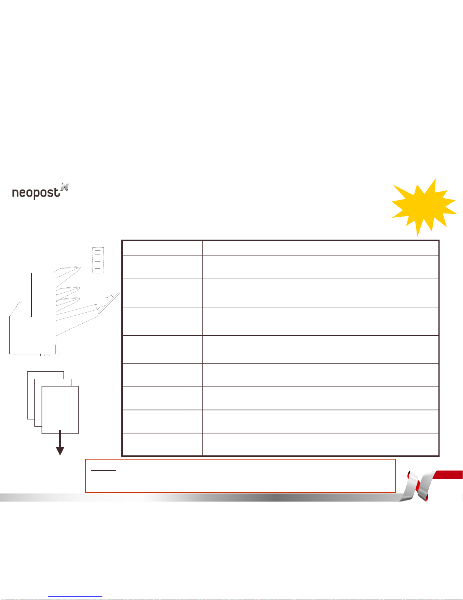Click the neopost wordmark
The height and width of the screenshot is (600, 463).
[36, 193]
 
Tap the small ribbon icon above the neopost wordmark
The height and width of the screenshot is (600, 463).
[65, 187]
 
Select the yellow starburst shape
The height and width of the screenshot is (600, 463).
[424, 207]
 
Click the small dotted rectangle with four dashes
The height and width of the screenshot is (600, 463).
[98, 260]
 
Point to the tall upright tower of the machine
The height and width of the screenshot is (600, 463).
[44, 295]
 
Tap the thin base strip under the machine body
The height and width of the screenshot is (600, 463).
[33, 349]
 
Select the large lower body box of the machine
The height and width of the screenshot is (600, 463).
[33, 330]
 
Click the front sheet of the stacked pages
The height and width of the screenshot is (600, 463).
[60, 410]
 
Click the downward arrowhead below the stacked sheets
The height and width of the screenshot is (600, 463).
[60, 451]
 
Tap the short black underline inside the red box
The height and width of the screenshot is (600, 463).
[103, 470]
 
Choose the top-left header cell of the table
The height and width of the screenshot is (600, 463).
[162, 248]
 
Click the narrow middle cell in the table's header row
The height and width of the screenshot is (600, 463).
[213, 248]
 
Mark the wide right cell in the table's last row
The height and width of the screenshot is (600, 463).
[331, 444]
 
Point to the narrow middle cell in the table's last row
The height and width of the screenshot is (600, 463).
[213, 444]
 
